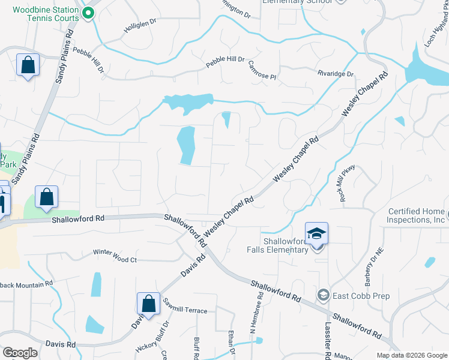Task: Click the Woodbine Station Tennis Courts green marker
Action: pyautogui.click(x=89, y=13)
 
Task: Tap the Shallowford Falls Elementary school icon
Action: pyautogui.click(x=316, y=234)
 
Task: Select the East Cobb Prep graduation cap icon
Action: pyautogui.click(x=324, y=295)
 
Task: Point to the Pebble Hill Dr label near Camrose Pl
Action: pyautogui.click(x=225, y=59)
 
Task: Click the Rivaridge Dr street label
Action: pyautogui.click(x=336, y=74)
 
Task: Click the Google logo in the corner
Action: pyautogui.click(x=20, y=353)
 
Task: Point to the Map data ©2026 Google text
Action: pyautogui.click(x=411, y=355)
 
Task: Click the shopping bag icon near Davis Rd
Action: pyautogui.click(x=148, y=304)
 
